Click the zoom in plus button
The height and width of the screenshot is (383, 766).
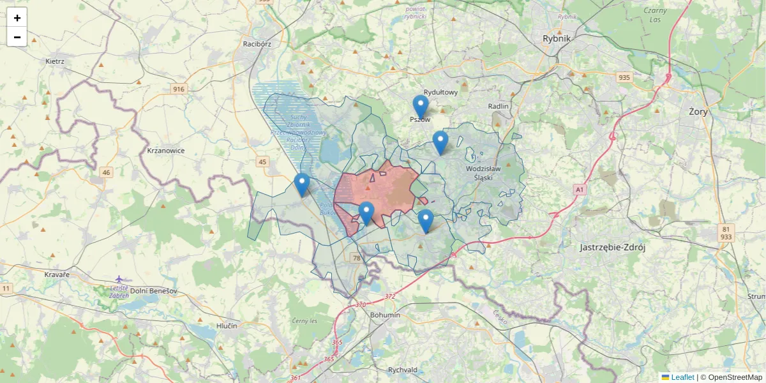pos(17,18)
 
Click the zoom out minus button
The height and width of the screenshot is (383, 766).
pos(17,37)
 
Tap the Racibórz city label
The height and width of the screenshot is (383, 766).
pos(257,44)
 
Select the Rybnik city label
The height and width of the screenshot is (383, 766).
pos(556,38)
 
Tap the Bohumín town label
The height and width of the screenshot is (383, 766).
pos(385,315)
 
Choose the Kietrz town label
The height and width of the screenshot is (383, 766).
pos(55,61)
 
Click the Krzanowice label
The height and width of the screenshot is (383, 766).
pos(165,151)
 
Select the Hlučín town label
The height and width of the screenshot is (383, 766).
pos(227,326)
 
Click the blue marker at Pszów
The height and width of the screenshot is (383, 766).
pos(420,107)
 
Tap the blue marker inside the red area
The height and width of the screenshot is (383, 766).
pos(366,213)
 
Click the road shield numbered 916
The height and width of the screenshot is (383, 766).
pos(178,89)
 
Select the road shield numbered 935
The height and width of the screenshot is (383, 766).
pos(624,77)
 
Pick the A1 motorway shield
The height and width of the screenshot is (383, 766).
pos(579,190)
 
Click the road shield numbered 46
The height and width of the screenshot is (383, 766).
pos(106,172)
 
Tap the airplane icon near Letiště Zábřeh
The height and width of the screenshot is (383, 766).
pos(119,278)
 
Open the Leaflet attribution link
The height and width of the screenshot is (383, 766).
pos(682,377)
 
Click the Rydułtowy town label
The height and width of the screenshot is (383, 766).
pos(441,92)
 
